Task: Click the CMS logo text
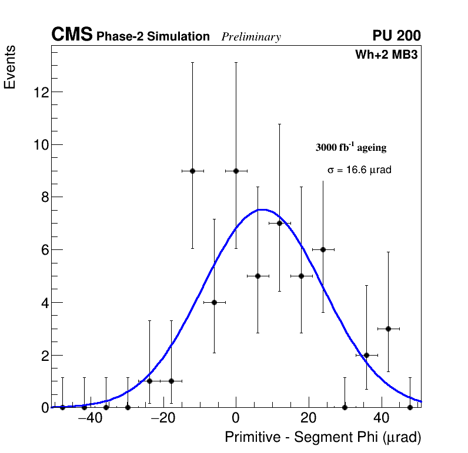(x=72, y=35)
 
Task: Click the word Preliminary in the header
(x=251, y=38)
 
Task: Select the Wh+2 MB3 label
(x=386, y=55)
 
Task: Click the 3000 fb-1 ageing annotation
(x=351, y=147)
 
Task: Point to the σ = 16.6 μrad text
(x=359, y=170)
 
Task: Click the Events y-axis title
(x=10, y=67)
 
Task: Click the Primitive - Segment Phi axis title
(x=323, y=438)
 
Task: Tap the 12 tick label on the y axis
(x=40, y=92)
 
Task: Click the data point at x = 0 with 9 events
(x=236, y=171)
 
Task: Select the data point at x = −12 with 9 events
(x=192, y=171)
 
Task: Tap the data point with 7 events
(x=279, y=223)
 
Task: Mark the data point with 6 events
(x=323, y=249)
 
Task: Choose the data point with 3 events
(x=388, y=329)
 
